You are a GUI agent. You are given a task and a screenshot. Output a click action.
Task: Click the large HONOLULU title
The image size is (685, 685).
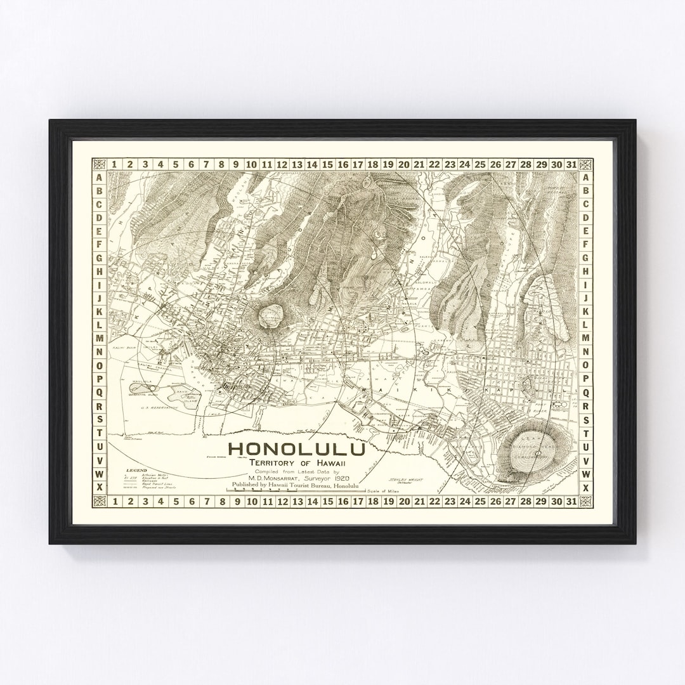[296, 449]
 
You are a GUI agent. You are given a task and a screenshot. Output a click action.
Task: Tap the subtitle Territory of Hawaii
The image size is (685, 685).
[296, 463]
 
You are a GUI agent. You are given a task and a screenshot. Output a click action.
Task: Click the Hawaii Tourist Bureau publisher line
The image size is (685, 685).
[296, 486]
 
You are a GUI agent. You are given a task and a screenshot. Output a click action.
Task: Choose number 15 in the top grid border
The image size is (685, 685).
[327, 164]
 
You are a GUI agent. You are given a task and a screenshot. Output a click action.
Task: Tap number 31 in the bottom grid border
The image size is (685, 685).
[571, 502]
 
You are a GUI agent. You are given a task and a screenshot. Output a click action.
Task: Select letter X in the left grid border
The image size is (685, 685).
[100, 487]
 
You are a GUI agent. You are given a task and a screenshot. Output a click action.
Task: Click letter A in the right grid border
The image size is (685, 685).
[585, 178]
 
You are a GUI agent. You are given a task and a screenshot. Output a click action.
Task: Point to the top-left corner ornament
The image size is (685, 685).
[100, 164]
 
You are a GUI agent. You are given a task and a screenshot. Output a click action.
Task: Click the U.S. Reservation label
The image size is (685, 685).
[159, 407]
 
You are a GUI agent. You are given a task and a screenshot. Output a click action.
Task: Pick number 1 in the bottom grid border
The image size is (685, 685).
[115, 502]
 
